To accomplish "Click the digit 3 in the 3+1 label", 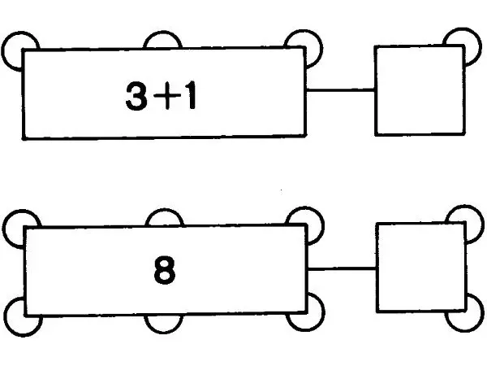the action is pyautogui.click(x=136, y=95).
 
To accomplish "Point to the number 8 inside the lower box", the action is pyautogui.click(x=164, y=270).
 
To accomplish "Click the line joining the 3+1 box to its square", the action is pyautogui.click(x=340, y=90).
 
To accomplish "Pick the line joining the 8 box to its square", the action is pyautogui.click(x=342, y=268).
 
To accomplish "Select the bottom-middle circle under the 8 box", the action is pyautogui.click(x=163, y=331).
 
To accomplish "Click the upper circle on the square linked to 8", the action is pyautogui.click(x=481, y=218).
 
